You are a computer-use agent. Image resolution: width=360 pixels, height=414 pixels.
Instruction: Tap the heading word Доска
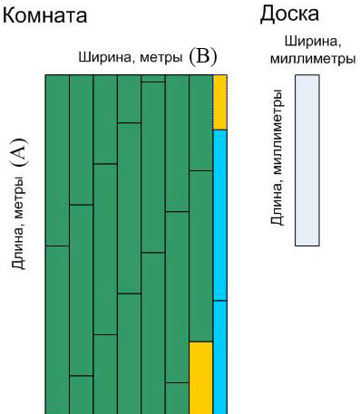288,14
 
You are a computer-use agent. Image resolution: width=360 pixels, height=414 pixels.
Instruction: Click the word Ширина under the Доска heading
306,42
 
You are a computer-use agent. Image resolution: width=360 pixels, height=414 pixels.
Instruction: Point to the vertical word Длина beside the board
278,205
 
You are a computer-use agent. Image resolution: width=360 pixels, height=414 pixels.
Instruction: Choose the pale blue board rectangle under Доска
306,160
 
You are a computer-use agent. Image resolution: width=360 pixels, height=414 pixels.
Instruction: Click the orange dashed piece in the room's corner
219,102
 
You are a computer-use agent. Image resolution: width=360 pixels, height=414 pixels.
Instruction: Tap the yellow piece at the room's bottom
200,377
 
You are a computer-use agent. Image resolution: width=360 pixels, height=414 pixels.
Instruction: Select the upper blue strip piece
219,215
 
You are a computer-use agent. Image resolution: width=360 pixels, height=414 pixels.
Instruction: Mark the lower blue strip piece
219,357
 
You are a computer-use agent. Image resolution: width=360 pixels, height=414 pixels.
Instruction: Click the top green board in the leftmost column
56,159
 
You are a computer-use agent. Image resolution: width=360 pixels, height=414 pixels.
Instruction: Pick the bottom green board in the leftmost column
56,329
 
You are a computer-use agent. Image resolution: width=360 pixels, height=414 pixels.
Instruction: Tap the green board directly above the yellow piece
200,255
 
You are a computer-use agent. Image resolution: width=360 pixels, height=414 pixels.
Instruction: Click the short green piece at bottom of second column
81,394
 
